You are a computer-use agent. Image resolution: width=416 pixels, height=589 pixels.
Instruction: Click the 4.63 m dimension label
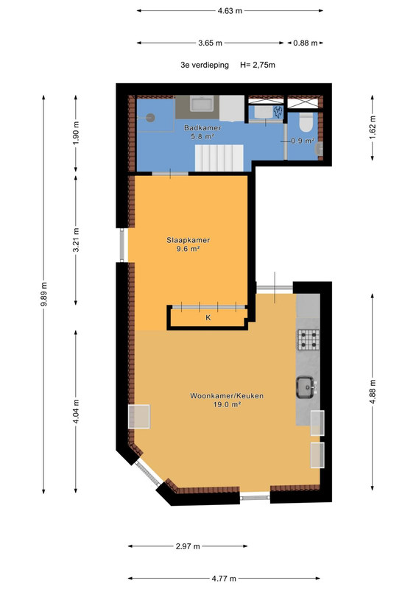point(230,11)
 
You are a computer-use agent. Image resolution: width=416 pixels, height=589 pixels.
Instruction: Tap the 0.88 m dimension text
point(306,43)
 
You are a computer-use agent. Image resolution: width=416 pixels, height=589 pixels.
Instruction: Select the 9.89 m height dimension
point(43,294)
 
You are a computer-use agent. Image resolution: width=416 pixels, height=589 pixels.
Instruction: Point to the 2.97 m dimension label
point(188,546)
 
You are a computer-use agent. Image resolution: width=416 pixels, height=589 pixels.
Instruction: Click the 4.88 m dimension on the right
point(373,392)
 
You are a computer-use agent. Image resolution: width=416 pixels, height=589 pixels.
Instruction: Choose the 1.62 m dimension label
point(373,127)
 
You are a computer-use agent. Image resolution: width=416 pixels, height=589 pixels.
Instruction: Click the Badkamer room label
point(202,128)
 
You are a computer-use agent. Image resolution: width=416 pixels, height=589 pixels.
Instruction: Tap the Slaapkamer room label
point(188,240)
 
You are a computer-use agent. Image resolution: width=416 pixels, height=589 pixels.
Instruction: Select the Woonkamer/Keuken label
point(227,396)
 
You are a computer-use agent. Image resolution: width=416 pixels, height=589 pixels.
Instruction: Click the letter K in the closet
point(208,318)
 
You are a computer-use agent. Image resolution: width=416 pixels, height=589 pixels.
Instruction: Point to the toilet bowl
point(306,123)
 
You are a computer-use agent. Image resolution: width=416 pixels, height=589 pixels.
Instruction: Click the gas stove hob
point(309,339)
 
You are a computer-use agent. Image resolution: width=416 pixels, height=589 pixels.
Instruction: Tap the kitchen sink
point(306,387)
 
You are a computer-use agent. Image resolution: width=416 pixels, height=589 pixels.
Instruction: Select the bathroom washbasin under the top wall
point(202,103)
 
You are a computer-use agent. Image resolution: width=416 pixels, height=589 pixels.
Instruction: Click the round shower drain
point(151,118)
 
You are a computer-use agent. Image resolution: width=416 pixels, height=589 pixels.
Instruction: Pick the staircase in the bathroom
point(219,158)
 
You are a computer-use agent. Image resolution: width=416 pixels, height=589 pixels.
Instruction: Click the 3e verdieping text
point(205,65)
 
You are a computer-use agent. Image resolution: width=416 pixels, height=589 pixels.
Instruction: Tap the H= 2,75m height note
point(258,65)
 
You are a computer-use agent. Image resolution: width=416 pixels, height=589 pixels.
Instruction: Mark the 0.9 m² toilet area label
point(303,141)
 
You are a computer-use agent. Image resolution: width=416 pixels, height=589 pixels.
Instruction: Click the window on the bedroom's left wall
point(122,245)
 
